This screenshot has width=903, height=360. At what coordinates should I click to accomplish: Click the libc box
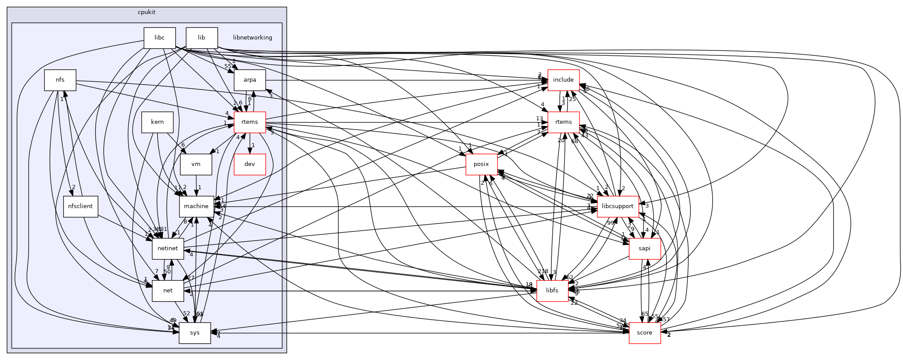(159, 38)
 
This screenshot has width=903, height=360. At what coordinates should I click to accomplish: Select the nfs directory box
(60, 80)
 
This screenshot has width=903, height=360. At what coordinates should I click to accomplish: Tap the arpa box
(250, 80)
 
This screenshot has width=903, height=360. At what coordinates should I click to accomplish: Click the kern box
(157, 122)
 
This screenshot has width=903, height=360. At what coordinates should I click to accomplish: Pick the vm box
(196, 164)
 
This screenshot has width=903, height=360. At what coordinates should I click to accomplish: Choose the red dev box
(250, 164)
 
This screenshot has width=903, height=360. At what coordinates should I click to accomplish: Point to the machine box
(196, 206)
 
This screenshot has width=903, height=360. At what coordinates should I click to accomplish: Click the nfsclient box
(81, 206)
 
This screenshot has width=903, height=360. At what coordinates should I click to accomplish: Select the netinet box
(168, 248)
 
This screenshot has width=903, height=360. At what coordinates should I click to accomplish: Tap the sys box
(195, 333)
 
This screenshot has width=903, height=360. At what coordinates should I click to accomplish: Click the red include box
(563, 80)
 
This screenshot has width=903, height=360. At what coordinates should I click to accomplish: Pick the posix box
(482, 164)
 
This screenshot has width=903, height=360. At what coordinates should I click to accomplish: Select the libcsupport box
(617, 206)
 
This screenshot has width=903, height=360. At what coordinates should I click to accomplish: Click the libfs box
(553, 291)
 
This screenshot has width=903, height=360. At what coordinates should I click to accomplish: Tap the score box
(644, 333)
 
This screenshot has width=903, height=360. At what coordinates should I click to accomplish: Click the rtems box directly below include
(563, 122)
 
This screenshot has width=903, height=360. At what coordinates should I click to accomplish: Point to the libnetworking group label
(252, 38)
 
